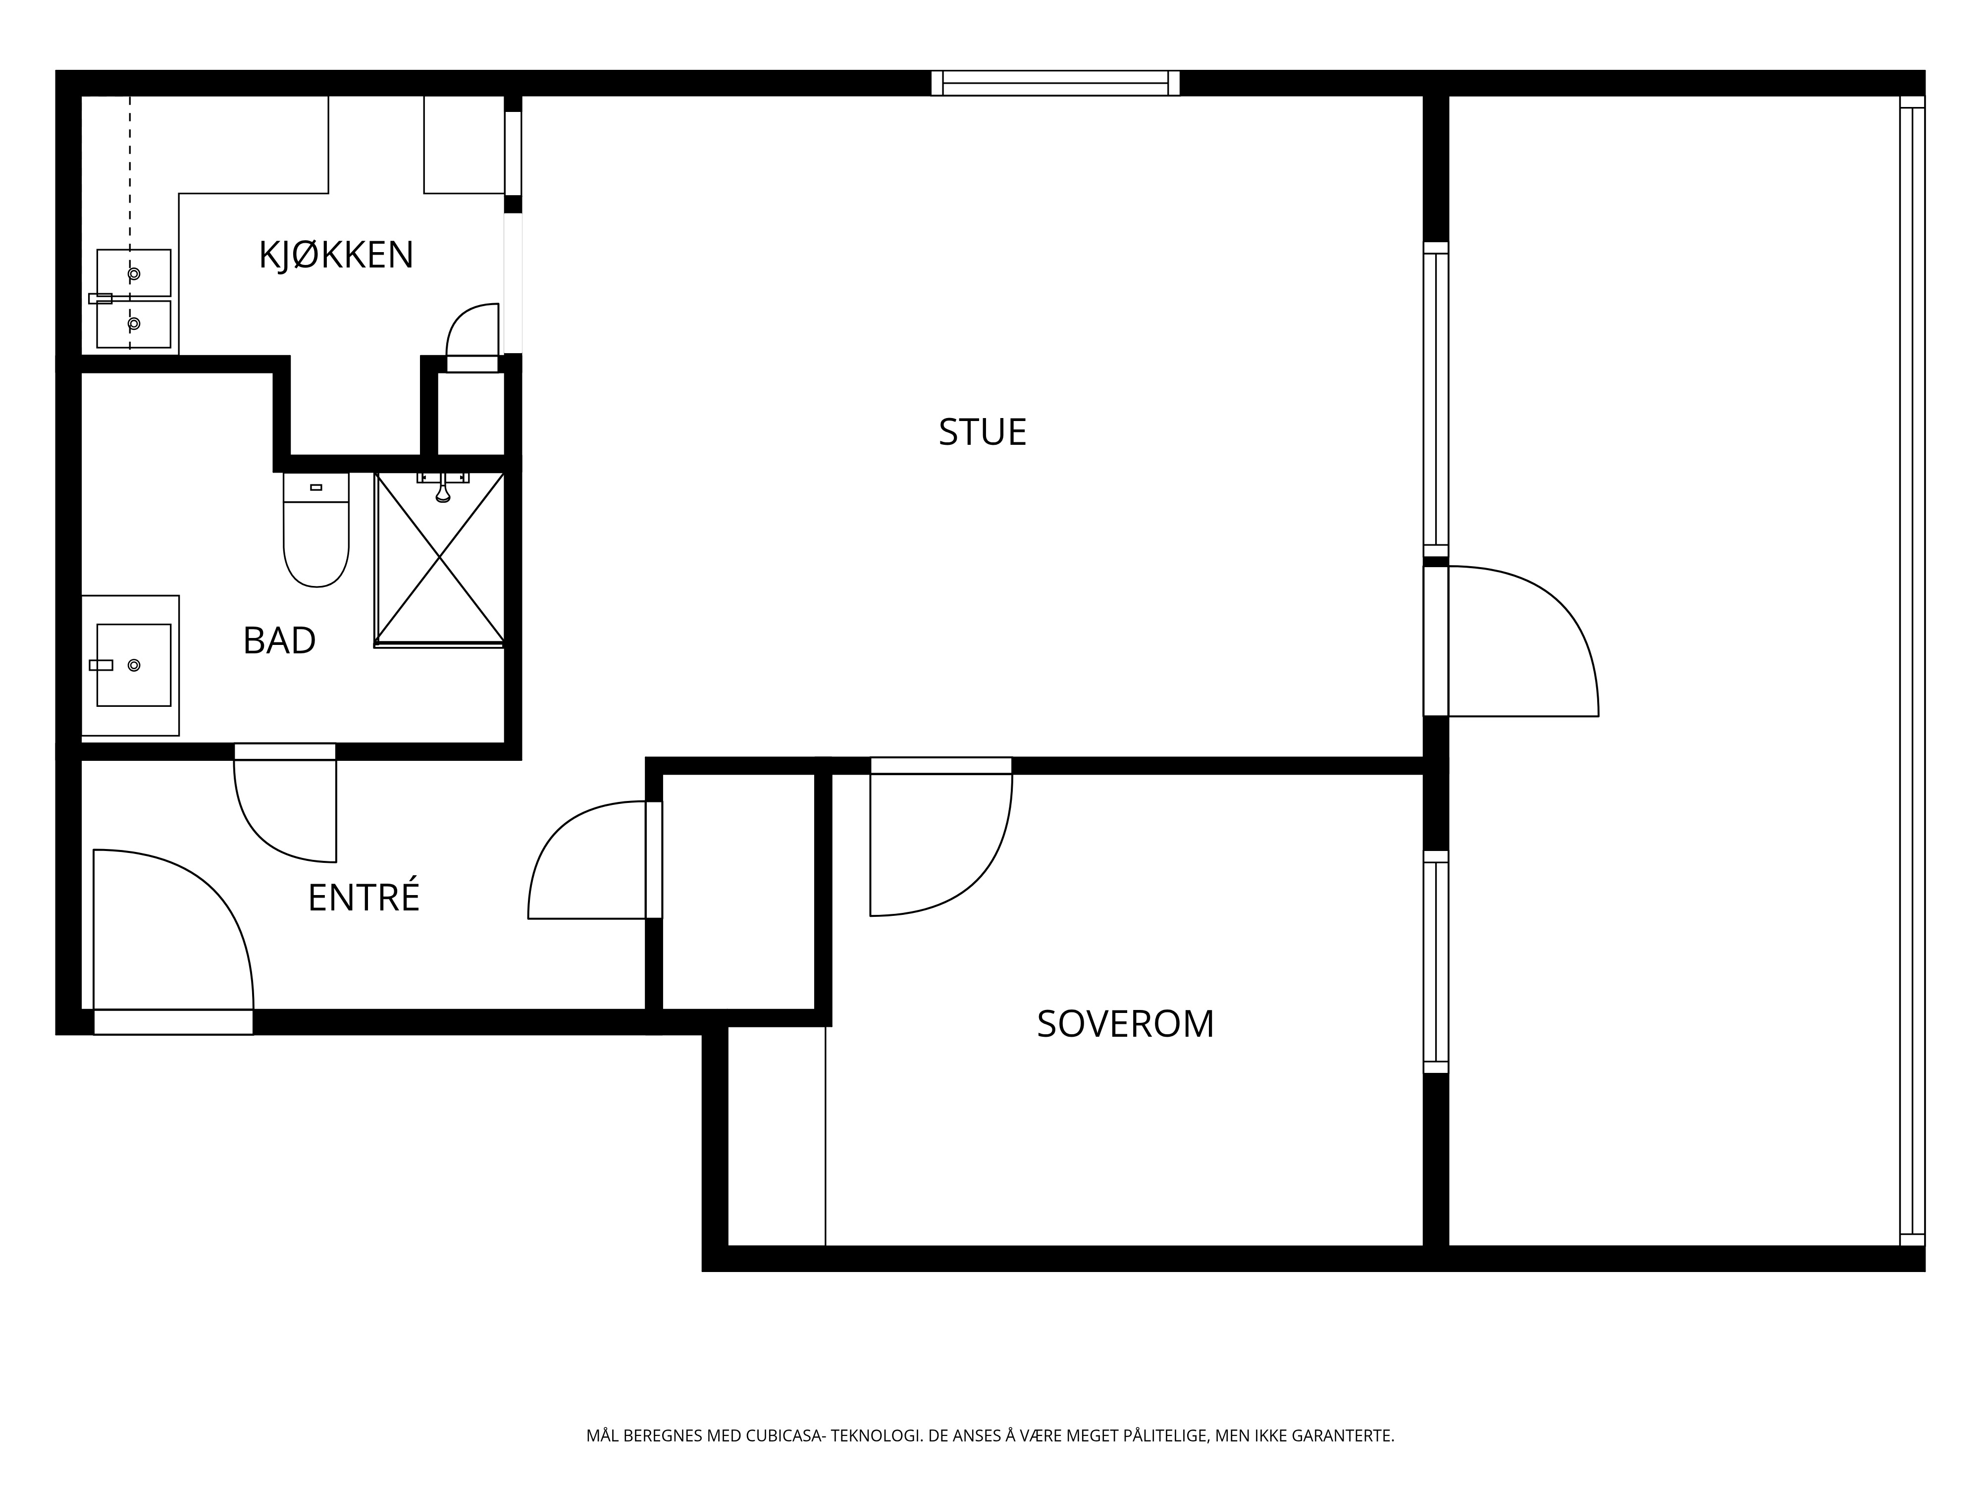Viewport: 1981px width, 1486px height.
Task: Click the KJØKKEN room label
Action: [x=336, y=255]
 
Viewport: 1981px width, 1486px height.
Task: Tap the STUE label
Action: [x=983, y=432]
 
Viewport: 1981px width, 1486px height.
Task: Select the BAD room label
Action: [x=279, y=640]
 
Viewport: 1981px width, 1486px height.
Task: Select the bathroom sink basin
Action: [x=133, y=665]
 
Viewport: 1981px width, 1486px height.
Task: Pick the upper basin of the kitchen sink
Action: [x=133, y=273]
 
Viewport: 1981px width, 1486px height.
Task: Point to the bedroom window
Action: [x=1436, y=961]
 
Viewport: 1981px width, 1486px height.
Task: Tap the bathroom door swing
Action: [x=260, y=833]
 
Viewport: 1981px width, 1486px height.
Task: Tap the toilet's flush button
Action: [x=316, y=487]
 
